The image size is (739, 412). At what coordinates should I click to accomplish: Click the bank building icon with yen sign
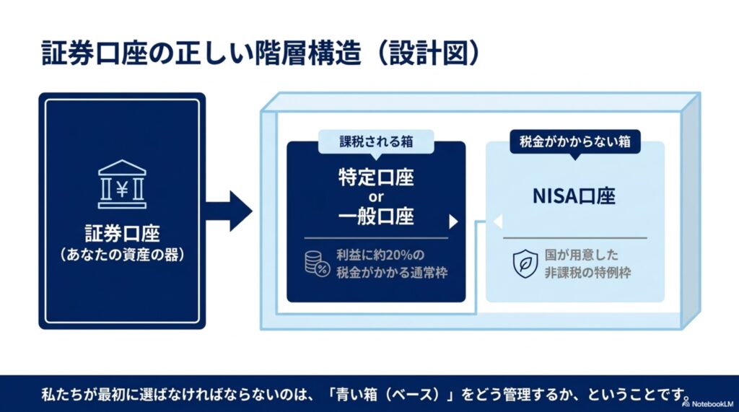pyautogui.click(x=122, y=184)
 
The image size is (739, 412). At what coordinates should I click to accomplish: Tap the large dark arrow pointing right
pyautogui.click(x=229, y=211)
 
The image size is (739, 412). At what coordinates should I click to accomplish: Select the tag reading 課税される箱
pyautogui.click(x=376, y=141)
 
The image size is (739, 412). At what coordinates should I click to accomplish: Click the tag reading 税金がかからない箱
pyautogui.click(x=575, y=141)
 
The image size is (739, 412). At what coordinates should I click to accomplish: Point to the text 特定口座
pyautogui.click(x=376, y=177)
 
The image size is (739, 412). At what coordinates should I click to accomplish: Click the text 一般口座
pyautogui.click(x=376, y=216)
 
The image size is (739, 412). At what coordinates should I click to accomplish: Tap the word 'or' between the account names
pyautogui.click(x=376, y=197)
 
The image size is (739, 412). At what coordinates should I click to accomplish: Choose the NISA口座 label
pyautogui.click(x=574, y=196)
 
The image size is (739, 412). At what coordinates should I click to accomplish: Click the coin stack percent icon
pyautogui.click(x=317, y=263)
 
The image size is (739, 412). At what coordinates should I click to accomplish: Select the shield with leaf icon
pyautogui.click(x=525, y=264)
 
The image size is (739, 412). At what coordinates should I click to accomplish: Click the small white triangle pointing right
pyautogui.click(x=453, y=222)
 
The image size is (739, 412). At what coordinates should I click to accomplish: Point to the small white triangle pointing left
pyautogui.click(x=498, y=221)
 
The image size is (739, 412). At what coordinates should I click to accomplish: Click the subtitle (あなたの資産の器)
pyautogui.click(x=122, y=255)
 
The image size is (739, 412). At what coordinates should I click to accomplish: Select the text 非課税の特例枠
pyautogui.click(x=587, y=273)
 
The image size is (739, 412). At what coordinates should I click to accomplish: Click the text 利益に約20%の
pyautogui.click(x=380, y=255)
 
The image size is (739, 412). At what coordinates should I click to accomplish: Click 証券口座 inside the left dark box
pyautogui.click(x=122, y=233)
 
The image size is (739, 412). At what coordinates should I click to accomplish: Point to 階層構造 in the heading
pyautogui.click(x=307, y=53)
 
